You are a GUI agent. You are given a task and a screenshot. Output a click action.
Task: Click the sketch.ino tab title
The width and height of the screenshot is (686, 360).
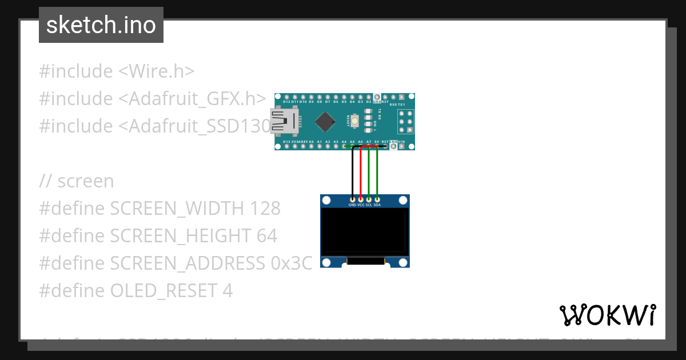(101, 25)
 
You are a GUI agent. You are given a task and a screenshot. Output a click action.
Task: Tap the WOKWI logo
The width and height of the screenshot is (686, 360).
(608, 315)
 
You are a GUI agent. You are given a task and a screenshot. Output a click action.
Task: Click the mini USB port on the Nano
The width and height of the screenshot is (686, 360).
(284, 121)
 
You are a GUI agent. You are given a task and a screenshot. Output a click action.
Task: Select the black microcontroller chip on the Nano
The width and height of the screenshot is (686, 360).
(325, 121)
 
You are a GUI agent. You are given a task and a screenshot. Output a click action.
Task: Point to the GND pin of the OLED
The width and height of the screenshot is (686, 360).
(352, 199)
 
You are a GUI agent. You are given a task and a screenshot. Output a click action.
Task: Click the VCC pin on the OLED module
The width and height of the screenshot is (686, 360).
(361, 199)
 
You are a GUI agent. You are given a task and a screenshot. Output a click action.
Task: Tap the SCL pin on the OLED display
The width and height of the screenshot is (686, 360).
(369, 199)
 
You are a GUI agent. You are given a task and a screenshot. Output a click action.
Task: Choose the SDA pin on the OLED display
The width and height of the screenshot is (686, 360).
(377, 199)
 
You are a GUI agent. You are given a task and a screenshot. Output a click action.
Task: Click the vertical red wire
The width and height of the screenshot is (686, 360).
(361, 171)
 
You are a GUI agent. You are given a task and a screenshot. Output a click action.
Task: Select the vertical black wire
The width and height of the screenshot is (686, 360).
(352, 171)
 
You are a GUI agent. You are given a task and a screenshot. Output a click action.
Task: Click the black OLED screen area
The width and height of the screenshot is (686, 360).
(365, 231)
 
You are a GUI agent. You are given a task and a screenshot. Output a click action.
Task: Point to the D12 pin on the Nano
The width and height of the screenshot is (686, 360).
(286, 97)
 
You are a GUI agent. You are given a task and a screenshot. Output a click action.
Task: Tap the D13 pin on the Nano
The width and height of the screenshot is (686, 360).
(286, 146)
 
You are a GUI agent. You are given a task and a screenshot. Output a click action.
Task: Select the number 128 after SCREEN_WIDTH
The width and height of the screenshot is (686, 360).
(265, 209)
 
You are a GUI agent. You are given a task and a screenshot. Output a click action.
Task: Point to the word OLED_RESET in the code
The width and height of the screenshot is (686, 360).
(162, 291)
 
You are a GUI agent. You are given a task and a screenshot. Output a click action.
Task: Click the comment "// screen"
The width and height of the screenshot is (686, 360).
(77, 181)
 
